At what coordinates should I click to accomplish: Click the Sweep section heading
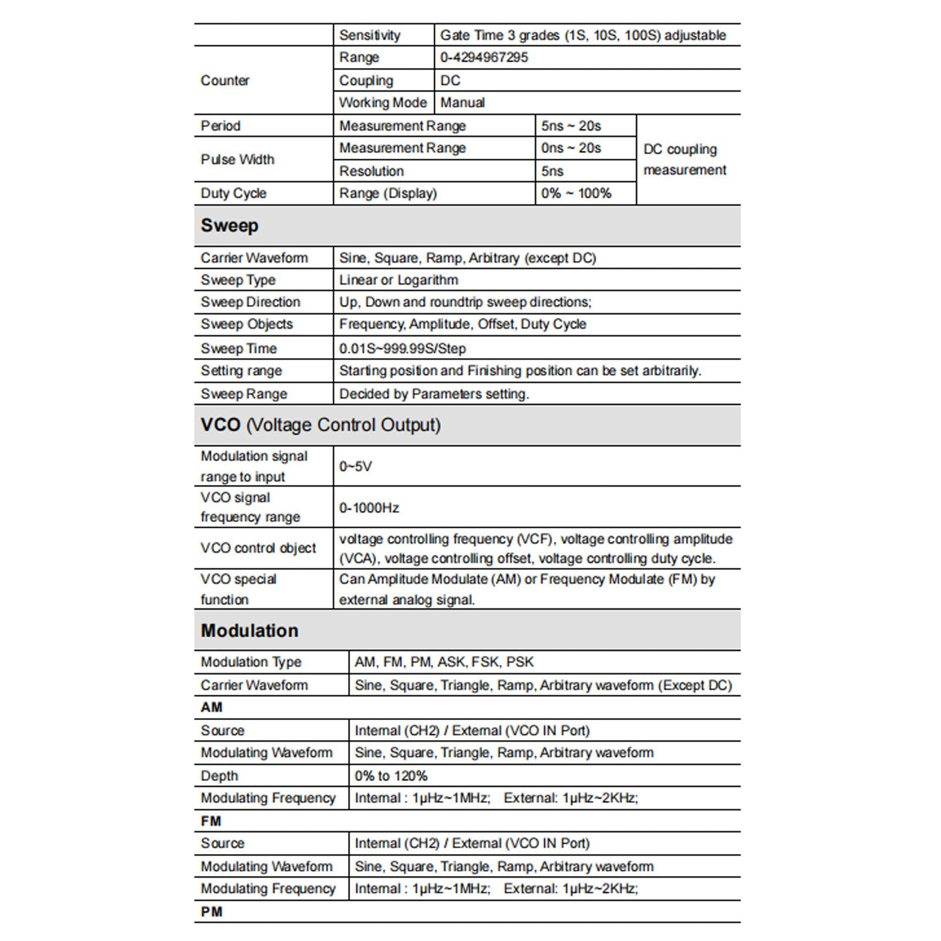click(229, 226)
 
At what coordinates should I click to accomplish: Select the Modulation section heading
click(249, 631)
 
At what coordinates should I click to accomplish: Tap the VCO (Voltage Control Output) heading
click(320, 425)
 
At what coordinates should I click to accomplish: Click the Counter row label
click(225, 81)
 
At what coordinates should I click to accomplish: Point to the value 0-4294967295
click(484, 58)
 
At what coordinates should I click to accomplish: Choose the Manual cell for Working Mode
click(463, 103)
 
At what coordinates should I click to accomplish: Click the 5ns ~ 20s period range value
click(571, 126)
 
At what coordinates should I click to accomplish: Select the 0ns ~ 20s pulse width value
click(571, 148)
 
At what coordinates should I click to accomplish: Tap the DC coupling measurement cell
click(685, 159)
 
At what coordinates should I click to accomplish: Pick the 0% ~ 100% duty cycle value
click(576, 193)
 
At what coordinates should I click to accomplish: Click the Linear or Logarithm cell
click(398, 280)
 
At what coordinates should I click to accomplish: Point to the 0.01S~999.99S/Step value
click(403, 349)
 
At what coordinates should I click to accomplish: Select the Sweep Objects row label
click(247, 324)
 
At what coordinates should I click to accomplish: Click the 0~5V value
click(356, 467)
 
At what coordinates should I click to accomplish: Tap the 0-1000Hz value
click(369, 508)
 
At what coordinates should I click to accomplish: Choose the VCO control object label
click(258, 548)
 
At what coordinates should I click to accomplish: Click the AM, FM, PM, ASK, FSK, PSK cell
click(444, 662)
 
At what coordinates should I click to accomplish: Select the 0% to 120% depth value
click(391, 776)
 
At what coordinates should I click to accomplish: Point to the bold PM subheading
click(212, 912)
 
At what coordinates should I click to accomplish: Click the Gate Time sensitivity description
click(582, 35)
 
